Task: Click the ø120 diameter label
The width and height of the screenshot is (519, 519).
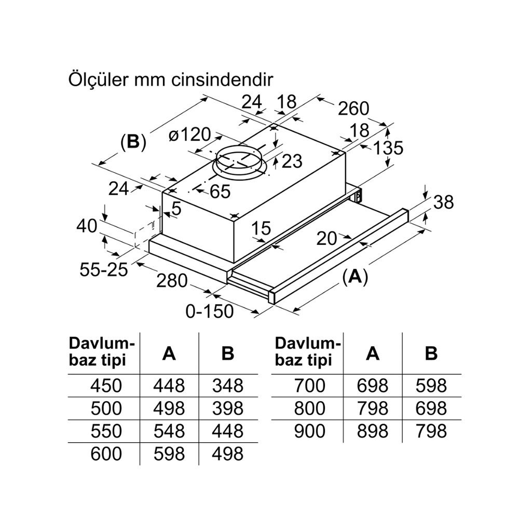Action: [x=190, y=135]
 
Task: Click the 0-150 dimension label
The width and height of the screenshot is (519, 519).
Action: [x=210, y=311]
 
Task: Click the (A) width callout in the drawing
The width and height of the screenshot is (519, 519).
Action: [x=355, y=277]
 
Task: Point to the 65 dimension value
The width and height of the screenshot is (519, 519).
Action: [x=220, y=192]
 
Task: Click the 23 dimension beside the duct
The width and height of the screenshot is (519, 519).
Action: [x=292, y=161]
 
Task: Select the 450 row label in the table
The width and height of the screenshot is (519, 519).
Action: [x=106, y=386]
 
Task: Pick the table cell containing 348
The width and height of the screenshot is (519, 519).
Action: [x=227, y=386]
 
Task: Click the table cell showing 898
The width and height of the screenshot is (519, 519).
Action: [x=372, y=431]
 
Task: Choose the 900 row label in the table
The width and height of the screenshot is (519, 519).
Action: [x=309, y=431]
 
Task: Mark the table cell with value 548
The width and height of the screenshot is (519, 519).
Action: [x=169, y=431]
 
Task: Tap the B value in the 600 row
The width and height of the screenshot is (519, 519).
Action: [x=227, y=454]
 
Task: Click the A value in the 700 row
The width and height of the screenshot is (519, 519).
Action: [x=372, y=386]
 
